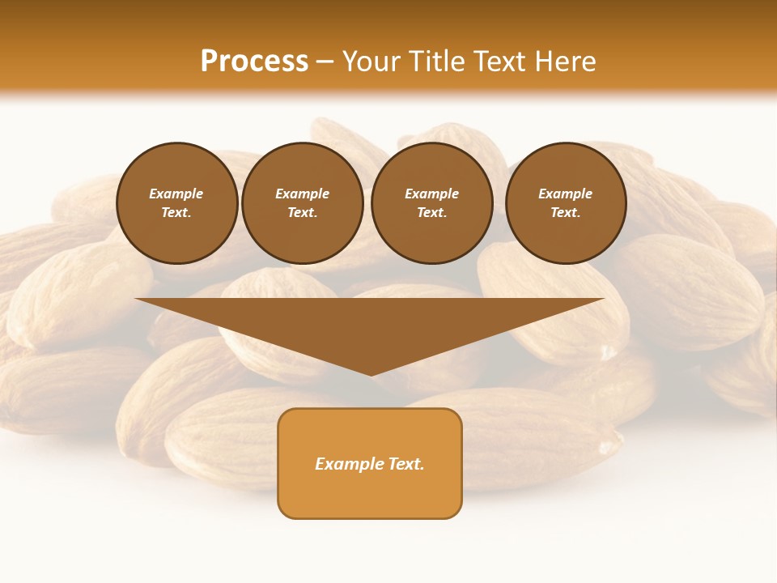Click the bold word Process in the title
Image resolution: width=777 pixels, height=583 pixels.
tap(254, 62)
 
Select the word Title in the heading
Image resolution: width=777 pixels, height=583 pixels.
tap(438, 62)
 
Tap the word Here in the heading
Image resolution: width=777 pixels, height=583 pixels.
tap(565, 62)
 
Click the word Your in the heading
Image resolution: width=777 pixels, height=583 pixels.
tap(372, 62)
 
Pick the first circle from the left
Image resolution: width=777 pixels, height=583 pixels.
tap(176, 203)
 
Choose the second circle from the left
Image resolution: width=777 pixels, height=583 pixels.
tap(302, 203)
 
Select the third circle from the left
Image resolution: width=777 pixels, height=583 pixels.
tap(431, 203)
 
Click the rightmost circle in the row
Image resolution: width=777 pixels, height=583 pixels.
tap(565, 203)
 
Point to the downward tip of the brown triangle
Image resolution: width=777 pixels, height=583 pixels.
tap(371, 374)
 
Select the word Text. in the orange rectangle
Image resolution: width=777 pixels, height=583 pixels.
tap(405, 464)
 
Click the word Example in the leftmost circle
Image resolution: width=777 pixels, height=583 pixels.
tap(176, 194)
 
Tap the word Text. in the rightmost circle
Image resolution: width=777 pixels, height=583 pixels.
tap(565, 213)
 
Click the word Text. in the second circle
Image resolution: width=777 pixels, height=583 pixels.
tap(302, 213)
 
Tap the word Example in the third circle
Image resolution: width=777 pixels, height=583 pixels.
tap(431, 194)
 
